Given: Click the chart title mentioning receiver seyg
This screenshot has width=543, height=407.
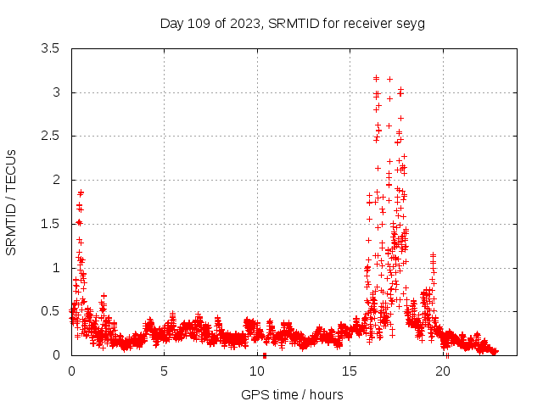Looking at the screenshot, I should click(x=292, y=23).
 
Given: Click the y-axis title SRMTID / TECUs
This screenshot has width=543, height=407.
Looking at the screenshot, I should click(x=11, y=202).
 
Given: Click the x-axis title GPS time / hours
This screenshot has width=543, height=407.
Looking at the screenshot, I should click(x=292, y=394).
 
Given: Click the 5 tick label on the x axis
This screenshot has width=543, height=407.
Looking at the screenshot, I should click(x=165, y=371).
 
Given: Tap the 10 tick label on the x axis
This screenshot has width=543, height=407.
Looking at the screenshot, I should click(x=257, y=371).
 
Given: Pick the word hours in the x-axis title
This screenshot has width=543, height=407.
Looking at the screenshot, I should click(x=326, y=394).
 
